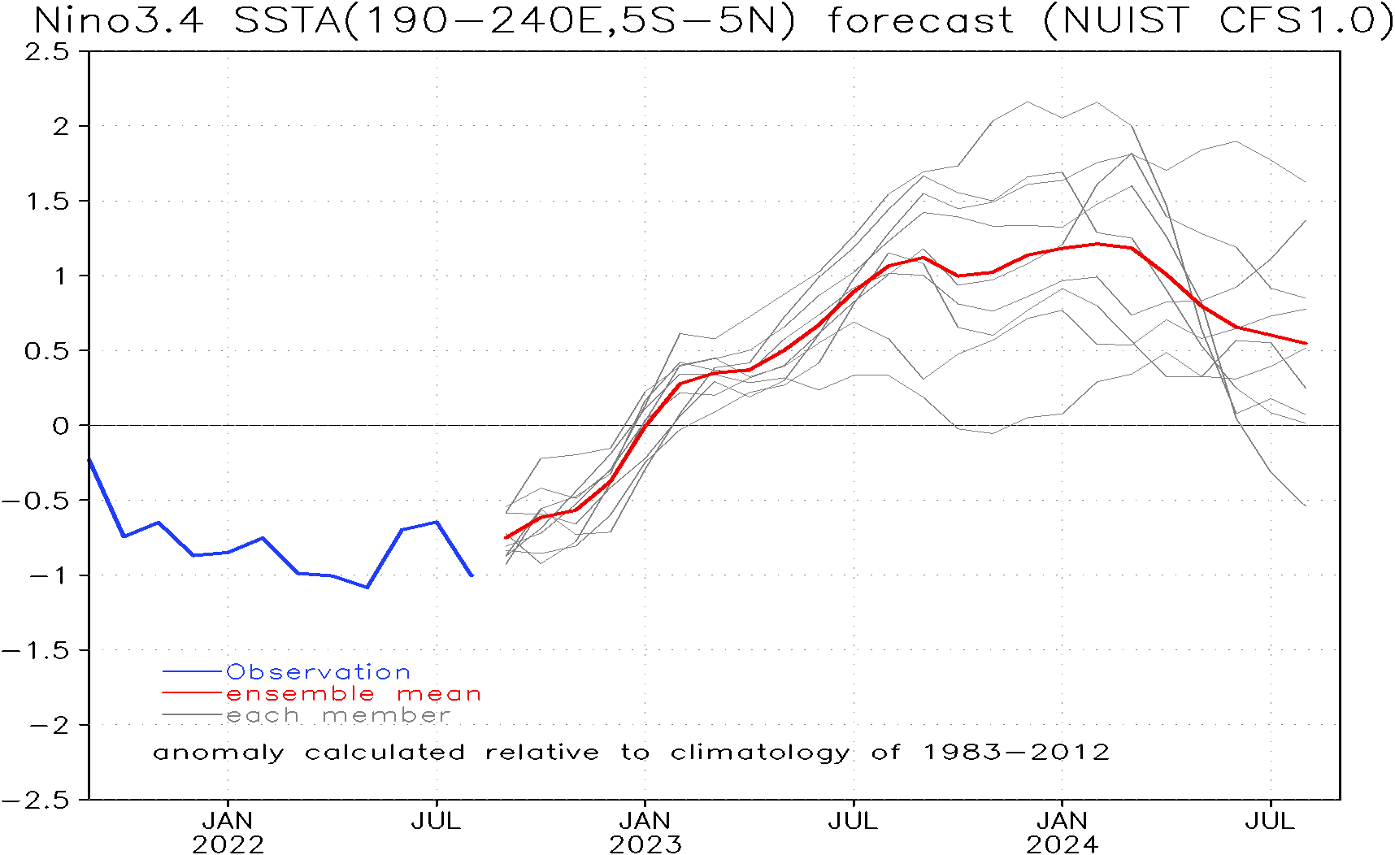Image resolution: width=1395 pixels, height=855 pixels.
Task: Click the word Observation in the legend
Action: click(318, 672)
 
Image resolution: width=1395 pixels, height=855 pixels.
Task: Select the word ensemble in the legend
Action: click(300, 694)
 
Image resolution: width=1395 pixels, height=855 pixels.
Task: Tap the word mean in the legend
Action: click(439, 694)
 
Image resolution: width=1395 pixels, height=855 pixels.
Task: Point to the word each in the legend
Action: click(262, 716)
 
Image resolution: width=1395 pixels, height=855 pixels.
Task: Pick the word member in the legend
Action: click(386, 716)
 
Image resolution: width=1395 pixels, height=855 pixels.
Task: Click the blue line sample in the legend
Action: click(192, 672)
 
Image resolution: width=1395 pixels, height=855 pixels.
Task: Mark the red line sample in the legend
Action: click(192, 693)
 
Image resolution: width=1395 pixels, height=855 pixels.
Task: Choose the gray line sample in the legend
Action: click(192, 715)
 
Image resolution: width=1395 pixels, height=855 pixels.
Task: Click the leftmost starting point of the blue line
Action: click(90, 462)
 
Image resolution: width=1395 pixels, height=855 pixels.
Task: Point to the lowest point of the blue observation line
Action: click(367, 587)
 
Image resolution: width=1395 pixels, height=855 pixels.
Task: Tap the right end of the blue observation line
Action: click(472, 575)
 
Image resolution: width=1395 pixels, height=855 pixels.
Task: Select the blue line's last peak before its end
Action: click(437, 522)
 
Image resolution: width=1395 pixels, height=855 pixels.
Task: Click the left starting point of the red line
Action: click(506, 537)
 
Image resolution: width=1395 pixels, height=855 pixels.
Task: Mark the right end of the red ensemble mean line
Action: click(1306, 343)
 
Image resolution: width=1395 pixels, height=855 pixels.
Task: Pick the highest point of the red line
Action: click(1097, 243)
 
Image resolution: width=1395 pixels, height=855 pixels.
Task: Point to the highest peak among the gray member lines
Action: click(1028, 102)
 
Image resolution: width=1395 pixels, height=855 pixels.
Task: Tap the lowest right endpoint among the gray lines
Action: click(1306, 506)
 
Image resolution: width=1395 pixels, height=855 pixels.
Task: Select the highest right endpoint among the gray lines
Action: click(1306, 181)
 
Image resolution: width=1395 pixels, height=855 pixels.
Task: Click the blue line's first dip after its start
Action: click(124, 536)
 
